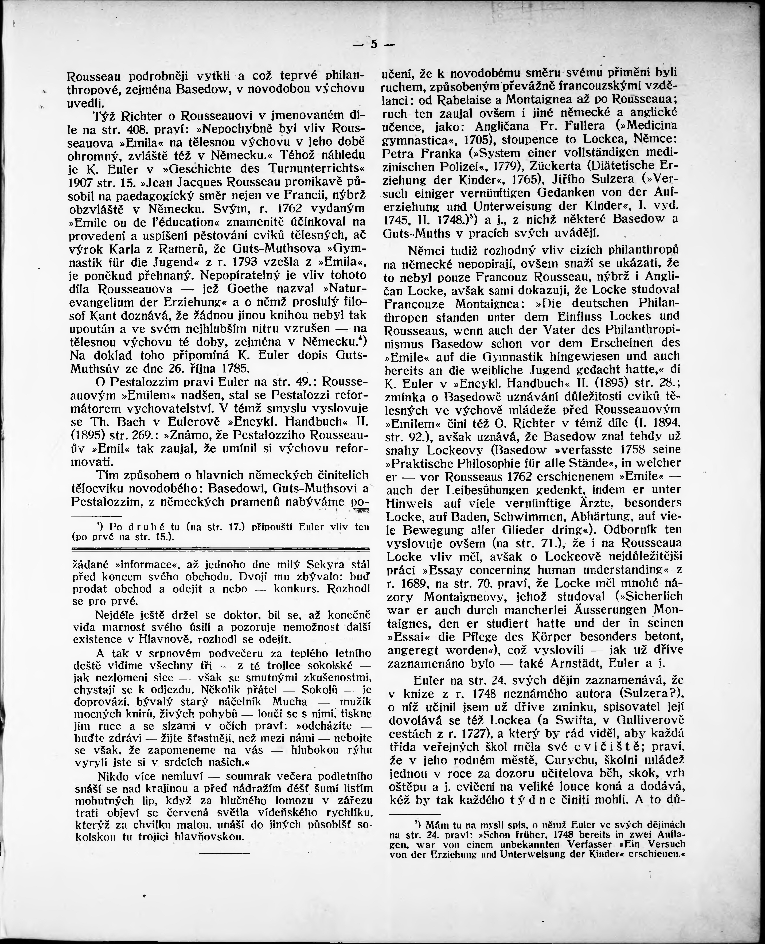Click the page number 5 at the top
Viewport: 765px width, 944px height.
(x=374, y=45)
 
